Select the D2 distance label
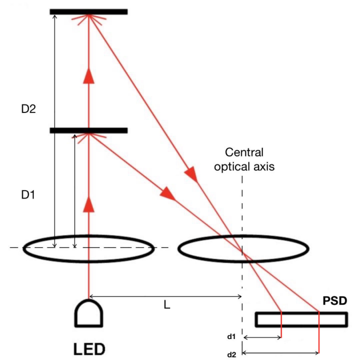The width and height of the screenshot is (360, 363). coord(29,109)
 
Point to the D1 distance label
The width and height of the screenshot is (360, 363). coord(29,195)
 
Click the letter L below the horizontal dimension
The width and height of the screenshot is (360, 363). coord(166,305)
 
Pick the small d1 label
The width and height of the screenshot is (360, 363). coord(231,337)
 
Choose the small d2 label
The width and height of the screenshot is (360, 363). coord(231,354)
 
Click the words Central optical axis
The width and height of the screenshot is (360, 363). coord(250,160)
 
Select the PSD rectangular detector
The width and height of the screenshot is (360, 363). coord(301,318)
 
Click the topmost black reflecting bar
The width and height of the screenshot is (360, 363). coord(88,11)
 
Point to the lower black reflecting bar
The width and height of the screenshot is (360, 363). coord(88,131)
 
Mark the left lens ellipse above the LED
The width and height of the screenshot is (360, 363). coord(88,247)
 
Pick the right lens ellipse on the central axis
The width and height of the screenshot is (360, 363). coord(244,248)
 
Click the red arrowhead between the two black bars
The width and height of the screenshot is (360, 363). coord(88,75)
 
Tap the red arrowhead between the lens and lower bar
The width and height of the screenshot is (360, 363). coord(88,204)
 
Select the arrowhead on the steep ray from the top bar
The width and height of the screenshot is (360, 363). coord(193,175)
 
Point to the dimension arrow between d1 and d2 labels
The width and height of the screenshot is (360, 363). coord(262,337)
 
